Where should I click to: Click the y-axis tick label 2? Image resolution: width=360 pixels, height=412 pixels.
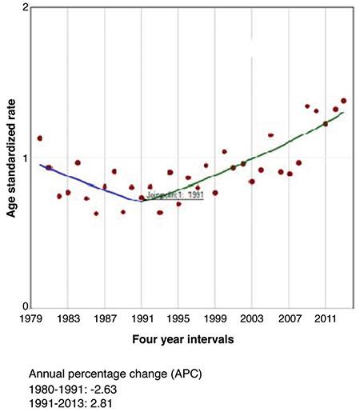26,8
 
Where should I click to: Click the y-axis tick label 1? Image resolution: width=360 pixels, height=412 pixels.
26,158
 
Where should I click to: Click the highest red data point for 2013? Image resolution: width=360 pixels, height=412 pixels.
344,101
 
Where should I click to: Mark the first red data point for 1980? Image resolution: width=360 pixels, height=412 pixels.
40,138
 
